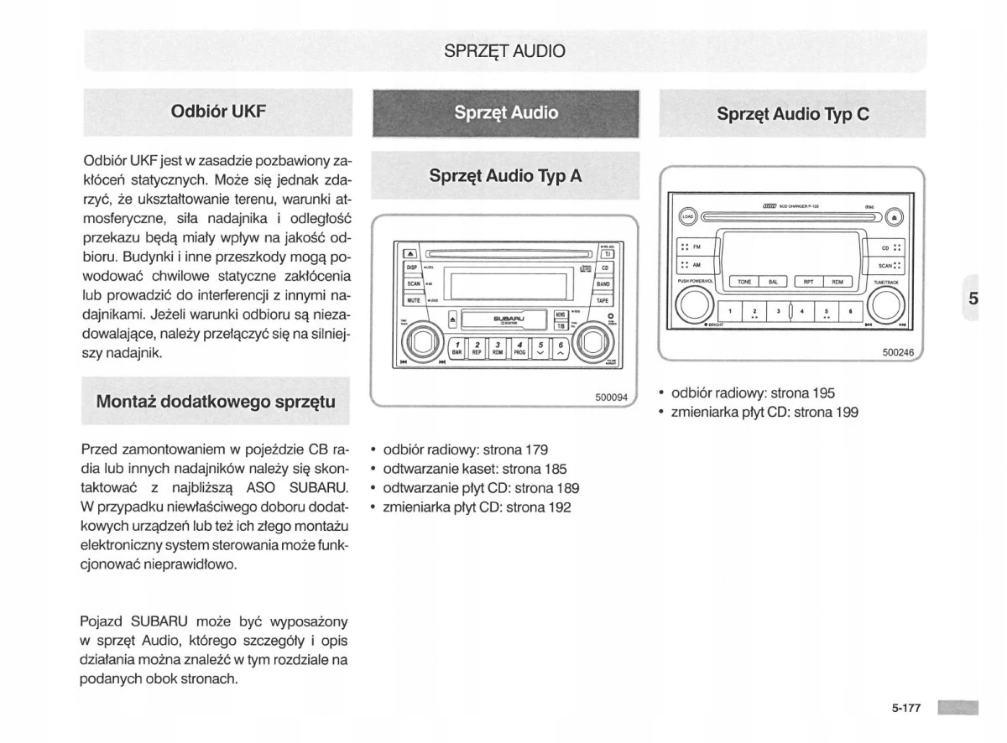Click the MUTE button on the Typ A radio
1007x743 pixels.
pyautogui.click(x=413, y=299)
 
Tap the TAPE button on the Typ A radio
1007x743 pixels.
pyautogui.click(x=603, y=299)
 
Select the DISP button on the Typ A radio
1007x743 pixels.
pyautogui.click(x=412, y=268)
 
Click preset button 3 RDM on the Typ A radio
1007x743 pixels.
pyautogui.click(x=498, y=349)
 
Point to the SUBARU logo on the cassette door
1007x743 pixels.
pyautogui.click(x=509, y=320)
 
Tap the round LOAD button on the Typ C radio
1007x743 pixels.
pyautogui.click(x=687, y=216)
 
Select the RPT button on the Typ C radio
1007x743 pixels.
pyautogui.click(x=808, y=283)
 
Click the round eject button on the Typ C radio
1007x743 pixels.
pyautogui.click(x=893, y=216)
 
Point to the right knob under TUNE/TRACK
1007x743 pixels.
pyautogui.click(x=885, y=305)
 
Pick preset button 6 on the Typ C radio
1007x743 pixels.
pyautogui.click(x=851, y=311)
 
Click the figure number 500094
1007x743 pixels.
pyautogui.click(x=612, y=397)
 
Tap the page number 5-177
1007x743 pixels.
pyautogui.click(x=906, y=708)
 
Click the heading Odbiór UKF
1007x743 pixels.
pyautogui.click(x=218, y=111)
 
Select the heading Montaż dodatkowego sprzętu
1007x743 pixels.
pyautogui.click(x=217, y=401)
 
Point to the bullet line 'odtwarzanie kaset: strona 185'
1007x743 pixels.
pyautogui.click(x=475, y=469)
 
